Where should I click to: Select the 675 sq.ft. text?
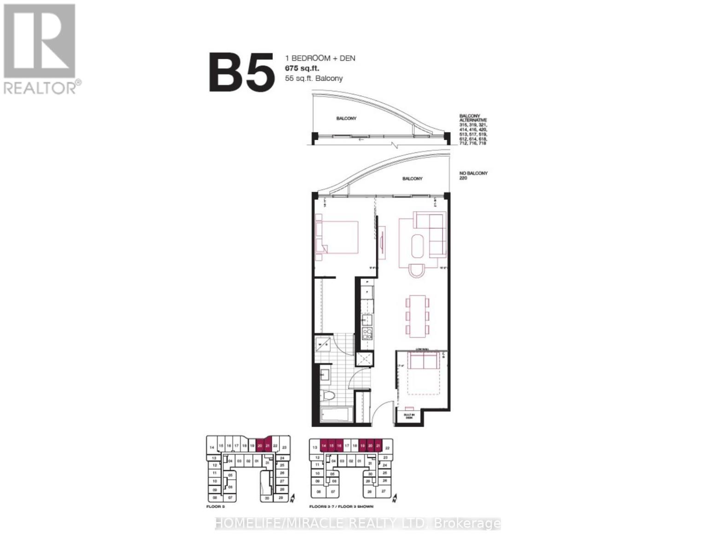[302, 69]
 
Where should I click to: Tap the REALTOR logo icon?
[39, 41]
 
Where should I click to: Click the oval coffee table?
[419, 247]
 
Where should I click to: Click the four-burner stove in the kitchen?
[367, 333]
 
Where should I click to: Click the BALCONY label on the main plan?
[412, 178]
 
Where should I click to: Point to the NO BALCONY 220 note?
[473, 175]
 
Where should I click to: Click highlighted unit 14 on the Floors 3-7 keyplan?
[324, 446]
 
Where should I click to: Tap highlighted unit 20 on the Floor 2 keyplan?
[260, 445]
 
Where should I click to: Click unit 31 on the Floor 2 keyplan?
[267, 463]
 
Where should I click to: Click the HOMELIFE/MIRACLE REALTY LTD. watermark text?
[358, 523]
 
